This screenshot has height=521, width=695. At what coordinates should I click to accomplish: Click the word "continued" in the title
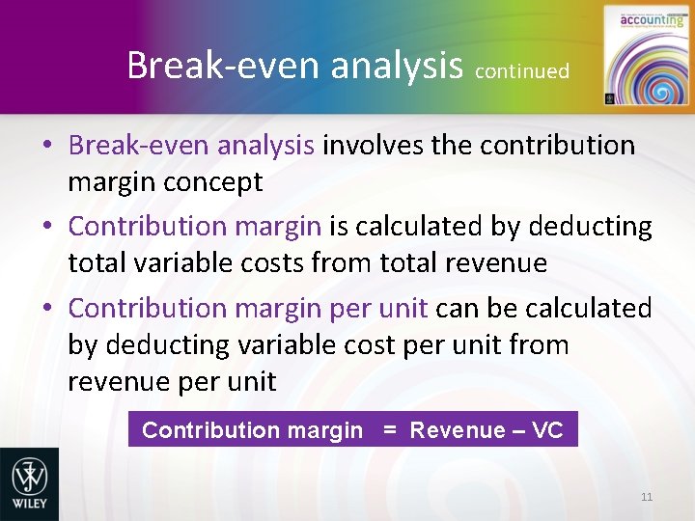pos(522,70)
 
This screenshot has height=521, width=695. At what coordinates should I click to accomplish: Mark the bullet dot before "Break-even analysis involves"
pos(47,147)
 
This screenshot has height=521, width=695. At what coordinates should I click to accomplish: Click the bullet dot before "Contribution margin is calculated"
pos(47,228)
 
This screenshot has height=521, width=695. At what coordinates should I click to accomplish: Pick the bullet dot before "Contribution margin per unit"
pos(47,309)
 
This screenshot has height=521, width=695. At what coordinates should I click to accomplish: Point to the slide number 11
pos(646,497)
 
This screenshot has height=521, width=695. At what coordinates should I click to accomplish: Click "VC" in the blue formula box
pos(547,430)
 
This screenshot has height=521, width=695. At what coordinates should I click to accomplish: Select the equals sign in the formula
pos(390,430)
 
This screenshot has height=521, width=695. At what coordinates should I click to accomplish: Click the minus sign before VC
pos(518,430)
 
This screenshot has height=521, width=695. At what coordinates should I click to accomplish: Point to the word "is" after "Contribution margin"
pos(340,227)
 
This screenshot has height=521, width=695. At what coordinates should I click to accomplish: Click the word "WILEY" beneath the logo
pos(29,505)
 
